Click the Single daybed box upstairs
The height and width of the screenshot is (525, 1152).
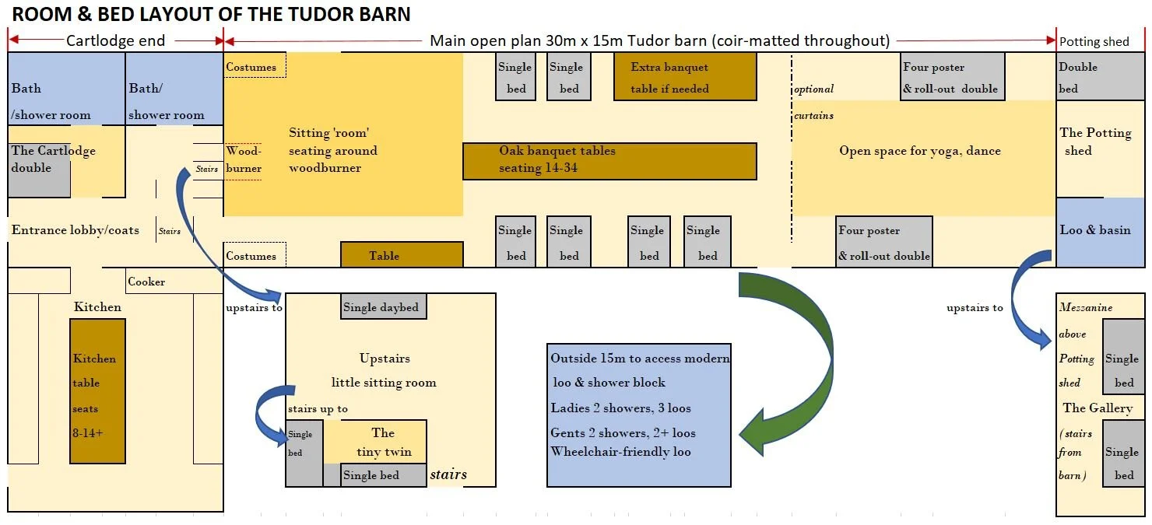point(383,306)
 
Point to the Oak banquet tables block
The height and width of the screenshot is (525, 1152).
point(609,161)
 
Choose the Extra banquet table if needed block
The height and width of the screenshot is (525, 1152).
point(684,77)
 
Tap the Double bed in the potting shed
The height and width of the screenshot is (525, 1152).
point(1100,76)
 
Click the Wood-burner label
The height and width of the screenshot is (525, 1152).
point(244,159)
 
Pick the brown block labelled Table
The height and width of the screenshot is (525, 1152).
point(401,255)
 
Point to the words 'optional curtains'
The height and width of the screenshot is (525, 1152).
point(814,102)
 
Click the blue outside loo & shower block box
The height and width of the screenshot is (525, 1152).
point(638,415)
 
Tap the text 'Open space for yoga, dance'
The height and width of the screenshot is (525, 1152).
point(919,151)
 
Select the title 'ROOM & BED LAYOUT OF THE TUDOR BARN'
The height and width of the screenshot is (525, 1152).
point(211,14)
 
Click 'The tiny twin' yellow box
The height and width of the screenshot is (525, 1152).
point(383,442)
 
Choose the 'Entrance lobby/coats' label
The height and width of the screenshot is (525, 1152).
point(76,230)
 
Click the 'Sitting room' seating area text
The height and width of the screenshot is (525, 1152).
point(332,150)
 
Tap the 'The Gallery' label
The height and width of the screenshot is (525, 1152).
point(1098,408)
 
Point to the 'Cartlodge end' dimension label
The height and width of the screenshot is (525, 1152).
point(115,40)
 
